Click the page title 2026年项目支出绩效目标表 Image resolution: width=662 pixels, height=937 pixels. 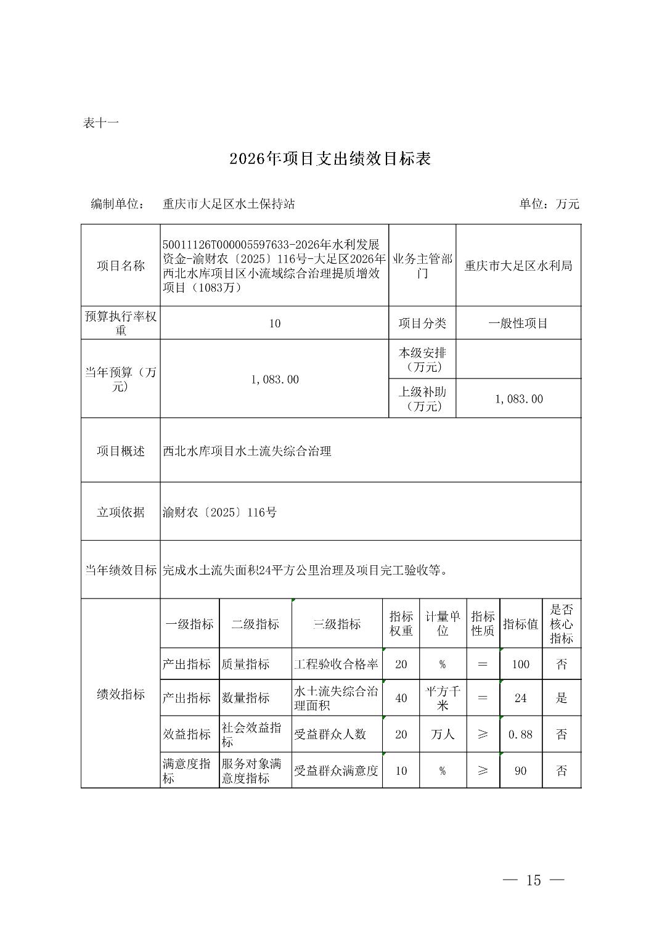[x=330, y=159]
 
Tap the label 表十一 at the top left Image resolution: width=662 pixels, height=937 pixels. [x=100, y=123]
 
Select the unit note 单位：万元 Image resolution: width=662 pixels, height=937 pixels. [x=549, y=204]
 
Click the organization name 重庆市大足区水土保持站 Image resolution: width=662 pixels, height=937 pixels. [x=229, y=204]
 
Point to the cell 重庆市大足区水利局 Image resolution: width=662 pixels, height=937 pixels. [x=518, y=266]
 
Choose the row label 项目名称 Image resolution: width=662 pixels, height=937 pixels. [x=121, y=266]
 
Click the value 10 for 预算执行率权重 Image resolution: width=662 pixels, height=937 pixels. [x=275, y=324]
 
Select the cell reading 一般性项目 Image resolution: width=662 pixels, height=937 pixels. [x=518, y=324]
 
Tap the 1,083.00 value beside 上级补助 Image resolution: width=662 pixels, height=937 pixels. [x=519, y=399]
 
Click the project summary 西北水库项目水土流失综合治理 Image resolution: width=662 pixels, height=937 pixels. [x=247, y=451]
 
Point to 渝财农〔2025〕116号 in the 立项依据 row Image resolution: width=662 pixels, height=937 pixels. [x=220, y=512]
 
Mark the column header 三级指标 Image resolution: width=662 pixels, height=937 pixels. [x=337, y=624]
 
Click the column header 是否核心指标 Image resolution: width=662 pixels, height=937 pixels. [x=562, y=624]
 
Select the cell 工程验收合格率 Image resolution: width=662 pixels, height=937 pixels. [x=336, y=665]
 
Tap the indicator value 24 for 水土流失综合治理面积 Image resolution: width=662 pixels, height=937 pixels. [x=521, y=698]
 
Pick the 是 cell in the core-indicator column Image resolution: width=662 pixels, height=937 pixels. [x=562, y=698]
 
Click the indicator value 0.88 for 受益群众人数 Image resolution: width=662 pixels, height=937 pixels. [x=521, y=735]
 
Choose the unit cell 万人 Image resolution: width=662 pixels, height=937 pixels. [x=443, y=735]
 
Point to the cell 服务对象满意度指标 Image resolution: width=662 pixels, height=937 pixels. [x=255, y=771]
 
